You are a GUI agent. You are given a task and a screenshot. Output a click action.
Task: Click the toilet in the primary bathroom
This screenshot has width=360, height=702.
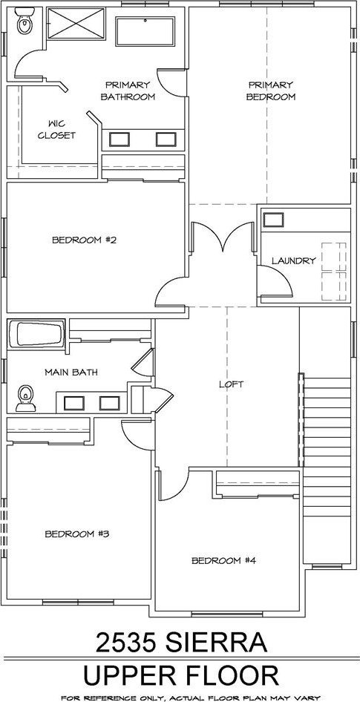(x=23, y=22)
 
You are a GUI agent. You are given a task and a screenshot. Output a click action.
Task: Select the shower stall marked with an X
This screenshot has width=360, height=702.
(x=76, y=23)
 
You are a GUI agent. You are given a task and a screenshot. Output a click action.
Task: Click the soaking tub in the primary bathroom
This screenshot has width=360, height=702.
(x=145, y=31)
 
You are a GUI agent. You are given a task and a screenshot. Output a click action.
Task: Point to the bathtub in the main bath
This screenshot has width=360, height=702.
(x=36, y=334)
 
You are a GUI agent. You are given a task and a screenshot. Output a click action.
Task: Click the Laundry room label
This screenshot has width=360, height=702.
(x=294, y=260)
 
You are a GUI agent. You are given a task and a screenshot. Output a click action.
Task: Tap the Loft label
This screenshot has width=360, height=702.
(x=231, y=384)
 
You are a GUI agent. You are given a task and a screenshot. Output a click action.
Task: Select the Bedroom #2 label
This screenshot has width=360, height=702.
(x=84, y=240)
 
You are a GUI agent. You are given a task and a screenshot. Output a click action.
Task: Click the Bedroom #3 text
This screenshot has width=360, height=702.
(x=77, y=534)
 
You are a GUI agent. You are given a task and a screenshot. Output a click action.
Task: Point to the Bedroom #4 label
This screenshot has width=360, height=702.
(x=223, y=560)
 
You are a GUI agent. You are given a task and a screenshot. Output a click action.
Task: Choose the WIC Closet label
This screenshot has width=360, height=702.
(x=56, y=129)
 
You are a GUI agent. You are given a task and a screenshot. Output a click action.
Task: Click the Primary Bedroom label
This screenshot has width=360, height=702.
(x=270, y=91)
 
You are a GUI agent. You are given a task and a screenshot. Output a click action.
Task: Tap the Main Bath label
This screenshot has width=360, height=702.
(x=71, y=372)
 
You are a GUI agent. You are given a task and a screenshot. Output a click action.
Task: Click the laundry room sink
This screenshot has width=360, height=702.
(x=273, y=220)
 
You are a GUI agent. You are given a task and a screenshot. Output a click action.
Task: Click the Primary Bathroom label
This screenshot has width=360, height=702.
(x=128, y=91)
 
